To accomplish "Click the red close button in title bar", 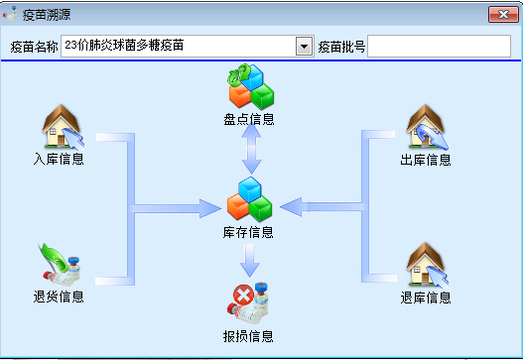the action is pyautogui.click(x=503, y=14).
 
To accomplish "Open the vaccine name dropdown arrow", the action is pyautogui.click(x=304, y=46).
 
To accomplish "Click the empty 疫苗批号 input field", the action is pyautogui.click(x=439, y=46).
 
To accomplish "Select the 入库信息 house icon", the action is pyautogui.click(x=63, y=127).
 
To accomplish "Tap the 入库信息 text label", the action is pyautogui.click(x=59, y=159).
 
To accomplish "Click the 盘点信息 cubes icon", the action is pyautogui.click(x=251, y=86).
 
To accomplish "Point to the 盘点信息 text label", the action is pyautogui.click(x=249, y=119).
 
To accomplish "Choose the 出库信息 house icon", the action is pyautogui.click(x=427, y=127).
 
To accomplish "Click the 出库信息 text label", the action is pyautogui.click(x=426, y=160).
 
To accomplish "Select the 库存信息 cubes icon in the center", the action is pyautogui.click(x=249, y=199).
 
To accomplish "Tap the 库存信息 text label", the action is pyautogui.click(x=248, y=232).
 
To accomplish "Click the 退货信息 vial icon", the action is pyautogui.click(x=60, y=265).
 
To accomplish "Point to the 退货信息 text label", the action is pyautogui.click(x=59, y=297).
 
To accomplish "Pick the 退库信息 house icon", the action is pyautogui.click(x=427, y=265).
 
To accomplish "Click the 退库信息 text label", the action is pyautogui.click(x=426, y=298).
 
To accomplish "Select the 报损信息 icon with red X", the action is pyautogui.click(x=247, y=303).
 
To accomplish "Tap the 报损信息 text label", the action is pyautogui.click(x=248, y=336).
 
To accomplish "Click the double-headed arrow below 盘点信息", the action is pyautogui.click(x=251, y=149).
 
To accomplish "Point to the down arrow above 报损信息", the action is pyautogui.click(x=249, y=261).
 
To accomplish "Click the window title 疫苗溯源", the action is pyautogui.click(x=47, y=15).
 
